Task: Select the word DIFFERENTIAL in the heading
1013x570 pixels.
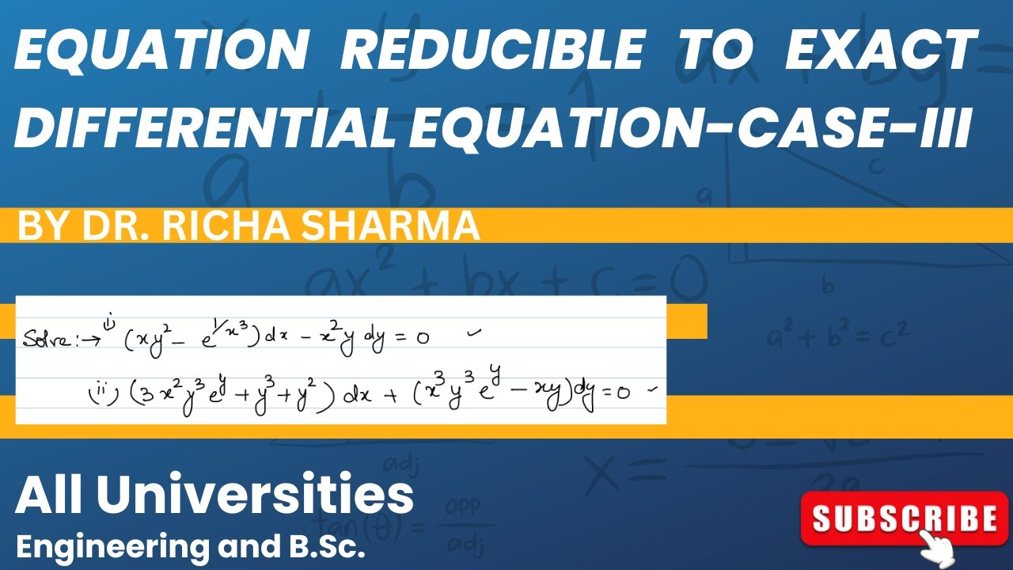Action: coord(206,127)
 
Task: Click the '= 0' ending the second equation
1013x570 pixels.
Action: coord(619,393)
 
